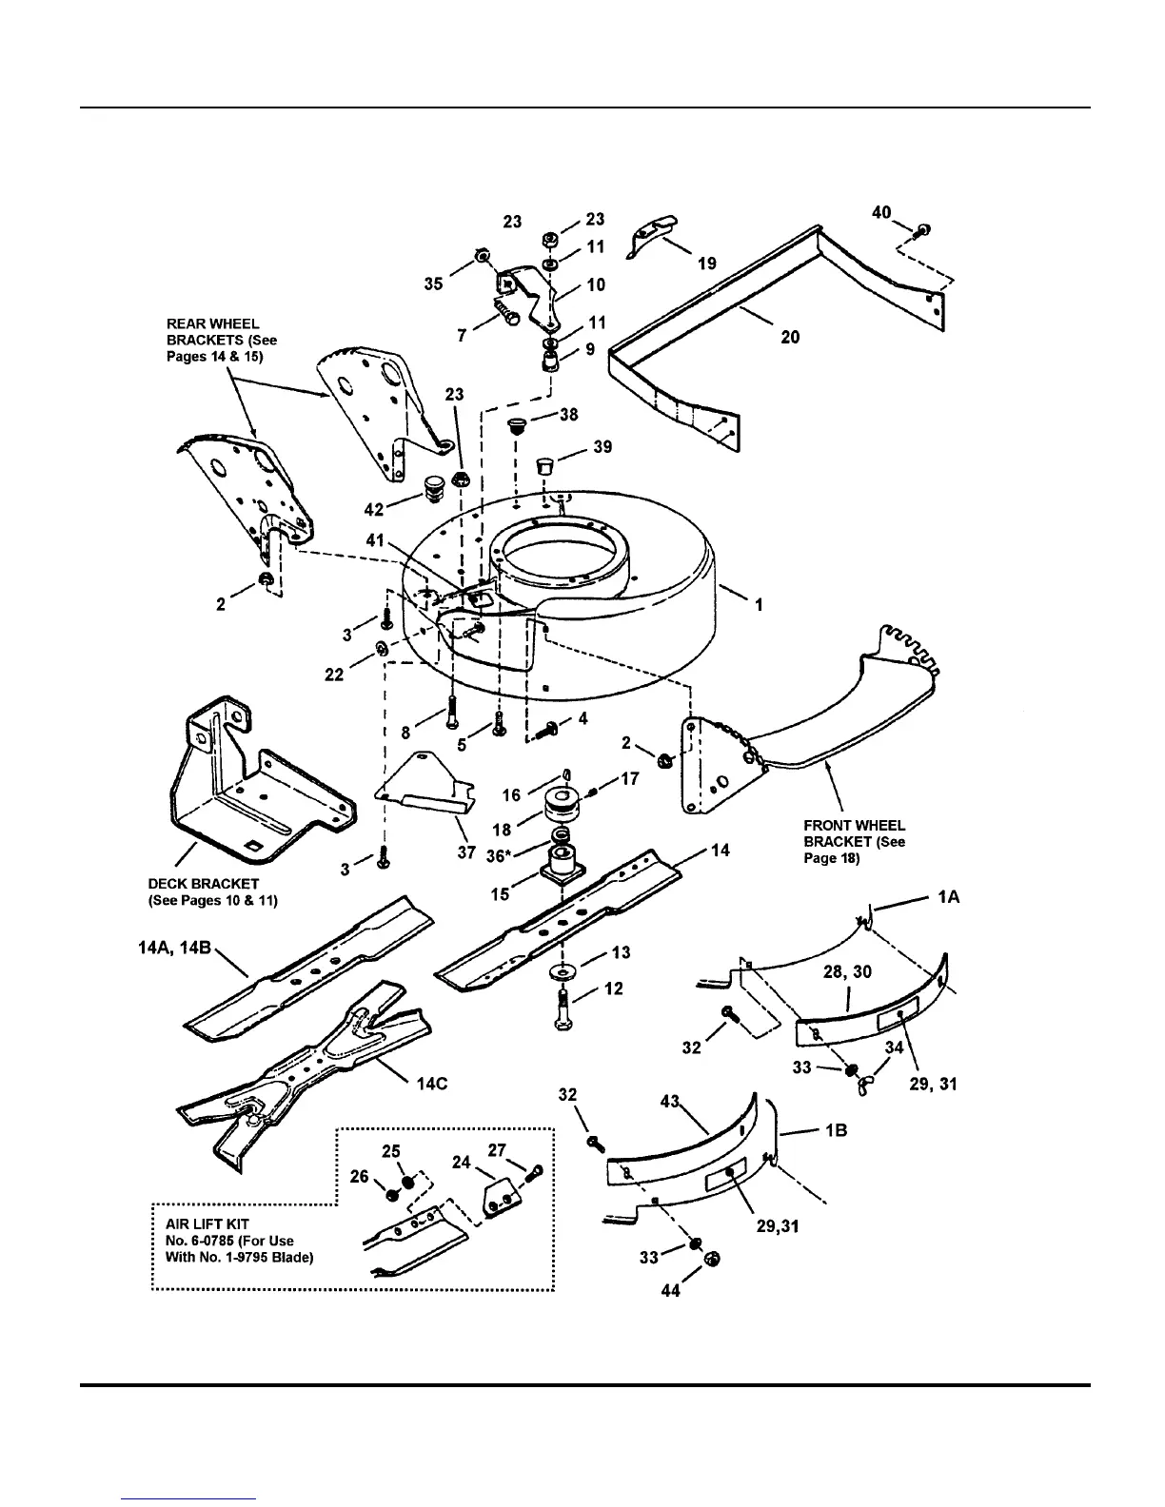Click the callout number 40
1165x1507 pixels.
click(x=881, y=211)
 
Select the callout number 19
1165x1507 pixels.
click(x=707, y=264)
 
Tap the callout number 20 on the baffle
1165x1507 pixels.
click(x=790, y=337)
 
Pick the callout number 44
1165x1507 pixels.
click(x=671, y=1291)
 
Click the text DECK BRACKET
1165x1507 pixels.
click(x=204, y=884)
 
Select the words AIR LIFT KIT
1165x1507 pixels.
click(x=196, y=1224)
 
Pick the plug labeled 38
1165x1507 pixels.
click(x=518, y=424)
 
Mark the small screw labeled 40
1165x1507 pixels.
click(x=923, y=230)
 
